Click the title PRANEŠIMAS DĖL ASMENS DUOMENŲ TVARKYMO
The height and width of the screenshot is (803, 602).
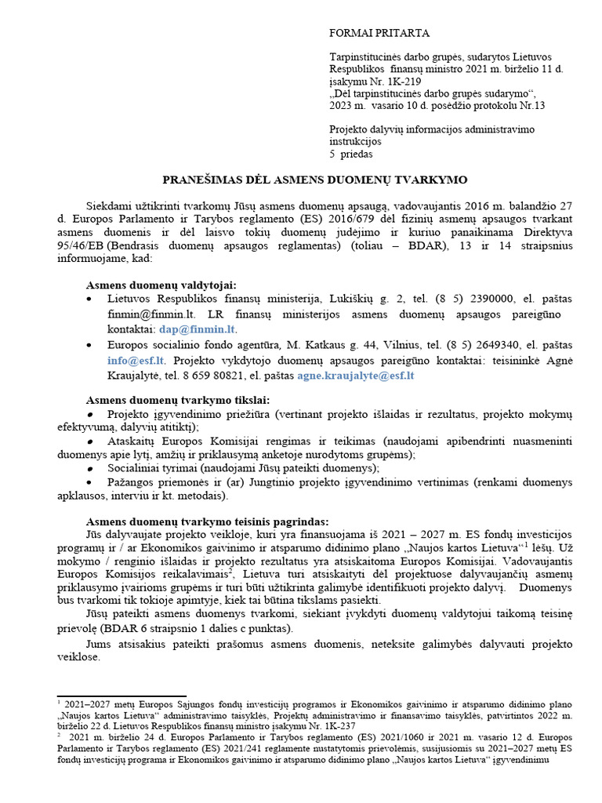[x=315, y=180]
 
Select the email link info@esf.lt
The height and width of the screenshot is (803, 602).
[x=136, y=361]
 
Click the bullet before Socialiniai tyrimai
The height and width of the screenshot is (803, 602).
[x=91, y=468]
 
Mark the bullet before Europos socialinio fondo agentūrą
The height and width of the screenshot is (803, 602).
[x=91, y=346]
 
